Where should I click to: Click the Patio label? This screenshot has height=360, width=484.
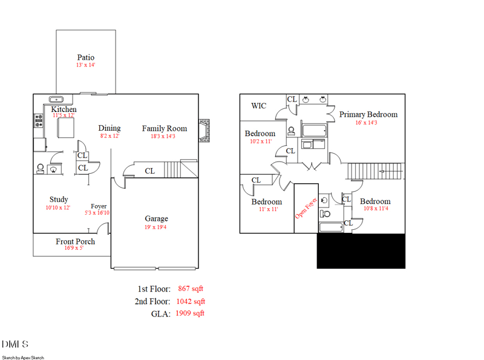tap(86, 57)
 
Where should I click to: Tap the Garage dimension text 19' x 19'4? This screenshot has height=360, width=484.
tap(156, 227)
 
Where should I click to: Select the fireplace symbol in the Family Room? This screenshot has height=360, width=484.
tap(206, 131)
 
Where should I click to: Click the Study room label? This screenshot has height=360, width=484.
tap(59, 200)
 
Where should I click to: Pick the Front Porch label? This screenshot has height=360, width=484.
tap(75, 241)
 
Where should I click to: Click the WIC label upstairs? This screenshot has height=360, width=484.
tap(258, 106)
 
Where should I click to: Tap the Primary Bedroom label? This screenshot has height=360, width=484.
tap(368, 114)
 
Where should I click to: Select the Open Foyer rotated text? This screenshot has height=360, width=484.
tap(306, 208)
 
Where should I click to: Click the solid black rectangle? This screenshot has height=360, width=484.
tap(361, 250)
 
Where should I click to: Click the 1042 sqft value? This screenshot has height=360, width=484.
tap(191, 301)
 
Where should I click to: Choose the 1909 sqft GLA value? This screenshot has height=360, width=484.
tap(190, 313)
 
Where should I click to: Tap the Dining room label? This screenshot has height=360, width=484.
tap(110, 128)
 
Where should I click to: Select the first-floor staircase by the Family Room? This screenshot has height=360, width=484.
tap(181, 169)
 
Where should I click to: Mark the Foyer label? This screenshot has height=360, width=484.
tap(99, 206)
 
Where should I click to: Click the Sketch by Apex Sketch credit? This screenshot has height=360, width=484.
tap(22, 358)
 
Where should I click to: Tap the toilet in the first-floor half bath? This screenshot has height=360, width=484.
tap(40, 168)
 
